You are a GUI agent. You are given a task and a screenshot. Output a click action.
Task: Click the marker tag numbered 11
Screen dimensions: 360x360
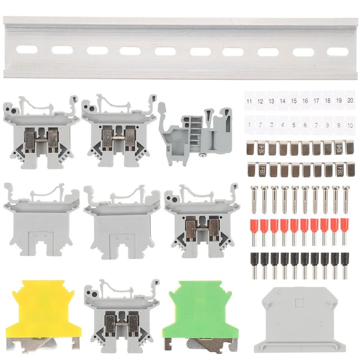(x=249, y=101)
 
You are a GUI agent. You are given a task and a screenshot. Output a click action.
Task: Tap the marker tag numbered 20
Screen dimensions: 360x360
(x=350, y=101)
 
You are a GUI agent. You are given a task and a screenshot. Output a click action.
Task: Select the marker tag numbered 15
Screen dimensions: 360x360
(x=294, y=101)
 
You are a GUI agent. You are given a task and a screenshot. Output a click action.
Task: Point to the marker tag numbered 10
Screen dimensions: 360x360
(x=350, y=124)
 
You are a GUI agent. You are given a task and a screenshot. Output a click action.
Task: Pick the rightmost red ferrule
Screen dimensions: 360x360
(x=344, y=231)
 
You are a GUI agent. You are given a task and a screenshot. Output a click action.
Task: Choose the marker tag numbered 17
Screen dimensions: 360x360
(x=316, y=101)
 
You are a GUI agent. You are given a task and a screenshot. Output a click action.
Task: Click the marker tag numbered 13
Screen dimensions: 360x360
(x=271, y=101)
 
